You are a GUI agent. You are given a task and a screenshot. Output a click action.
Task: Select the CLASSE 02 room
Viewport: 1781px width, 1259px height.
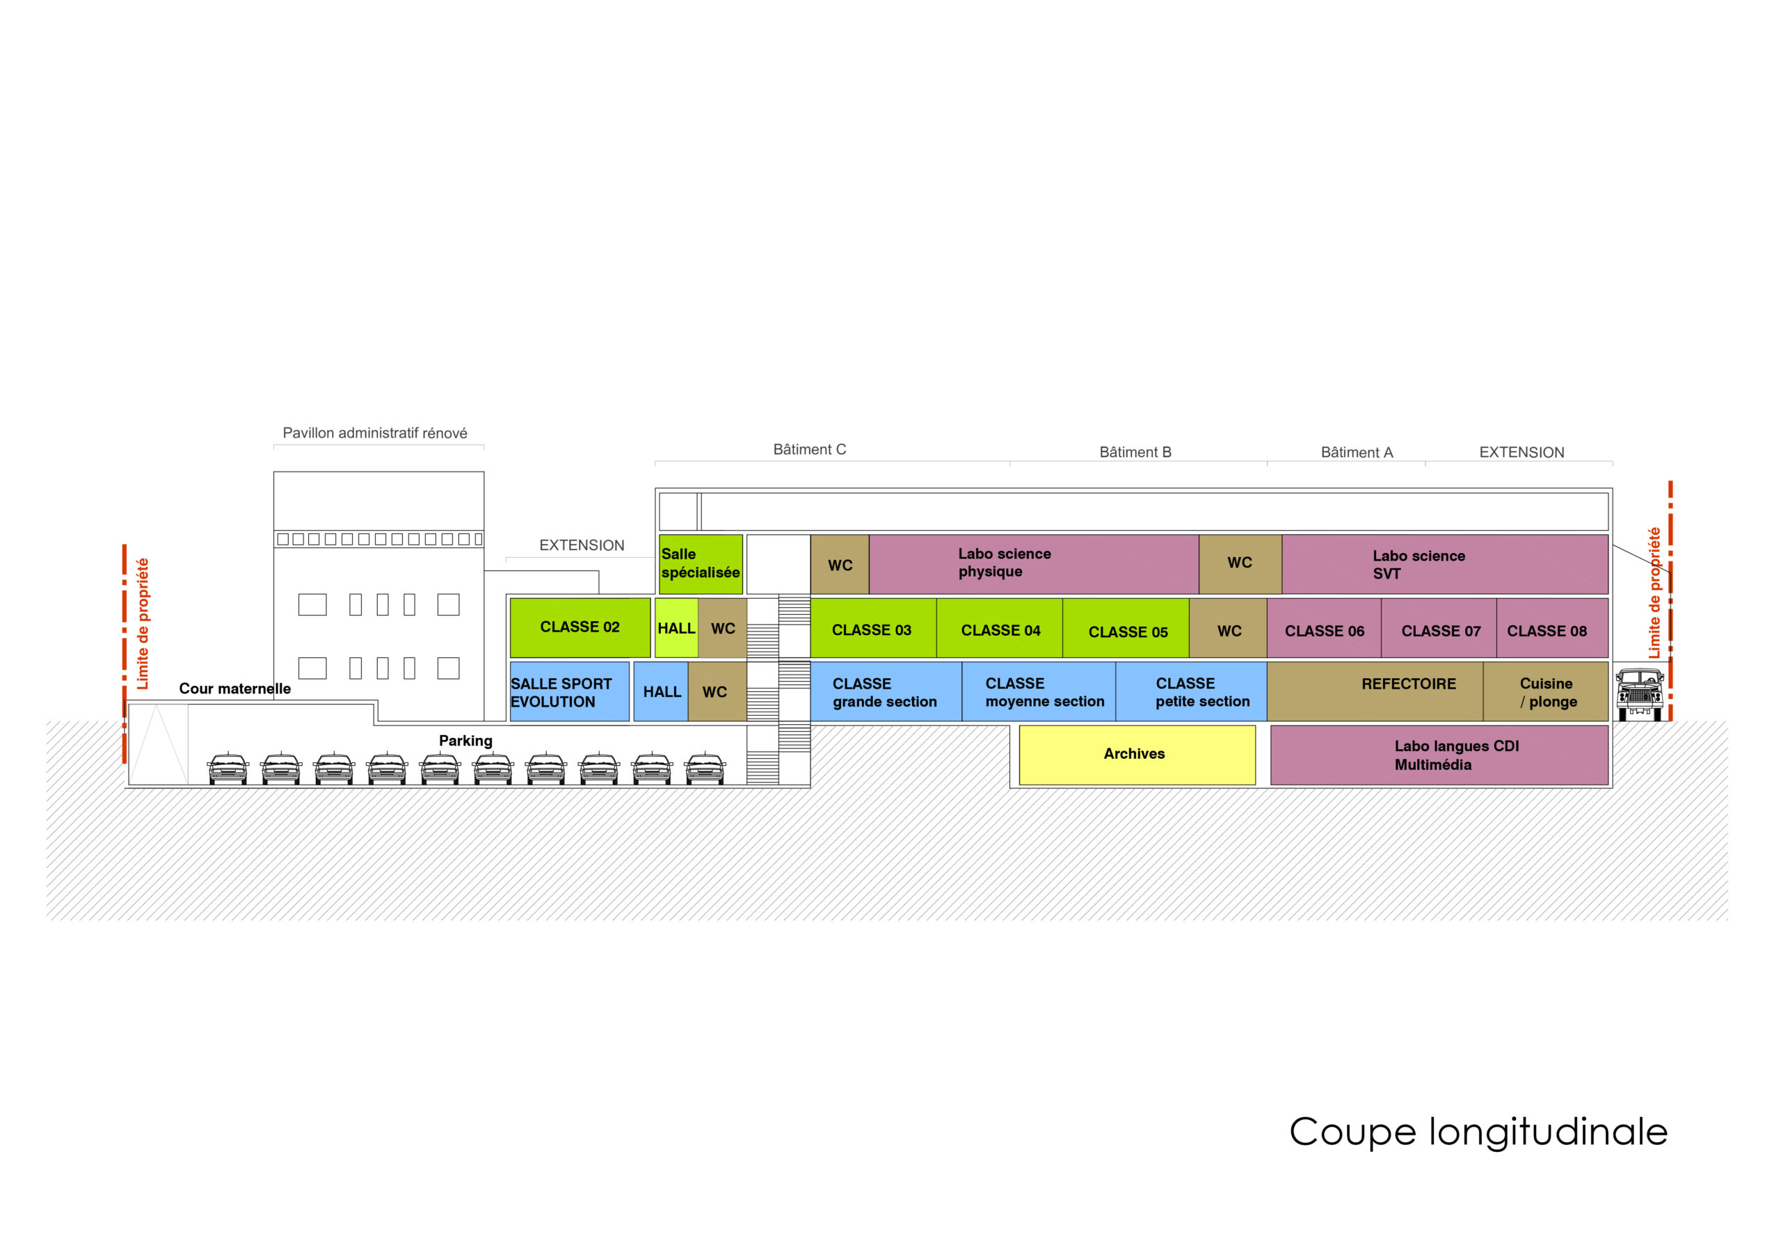tap(580, 627)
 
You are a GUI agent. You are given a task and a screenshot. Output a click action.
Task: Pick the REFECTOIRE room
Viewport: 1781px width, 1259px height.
tap(1375, 691)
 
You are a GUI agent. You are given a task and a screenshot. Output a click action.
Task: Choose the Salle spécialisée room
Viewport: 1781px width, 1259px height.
tap(701, 564)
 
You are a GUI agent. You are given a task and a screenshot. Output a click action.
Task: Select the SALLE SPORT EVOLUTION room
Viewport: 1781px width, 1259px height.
tap(569, 691)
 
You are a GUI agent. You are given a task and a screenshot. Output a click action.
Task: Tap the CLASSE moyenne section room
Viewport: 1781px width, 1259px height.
tap(1039, 691)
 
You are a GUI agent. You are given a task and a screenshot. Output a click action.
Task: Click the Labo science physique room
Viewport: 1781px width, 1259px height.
tap(1034, 564)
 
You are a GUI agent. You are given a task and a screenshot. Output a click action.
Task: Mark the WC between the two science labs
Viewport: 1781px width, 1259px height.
tap(1240, 564)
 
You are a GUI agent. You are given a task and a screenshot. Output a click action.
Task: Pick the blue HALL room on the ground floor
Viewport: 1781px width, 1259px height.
tap(661, 691)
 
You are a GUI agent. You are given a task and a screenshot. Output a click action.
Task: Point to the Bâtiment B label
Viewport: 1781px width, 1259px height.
tap(1135, 452)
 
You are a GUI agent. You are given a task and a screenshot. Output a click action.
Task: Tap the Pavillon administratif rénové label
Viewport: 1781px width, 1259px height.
tap(375, 433)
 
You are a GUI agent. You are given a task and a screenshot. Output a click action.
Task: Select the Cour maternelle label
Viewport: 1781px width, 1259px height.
tap(235, 689)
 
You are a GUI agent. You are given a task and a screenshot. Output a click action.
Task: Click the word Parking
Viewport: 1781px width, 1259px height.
tap(465, 741)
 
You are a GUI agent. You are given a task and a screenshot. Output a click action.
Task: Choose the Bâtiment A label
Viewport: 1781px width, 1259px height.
tap(1357, 452)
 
